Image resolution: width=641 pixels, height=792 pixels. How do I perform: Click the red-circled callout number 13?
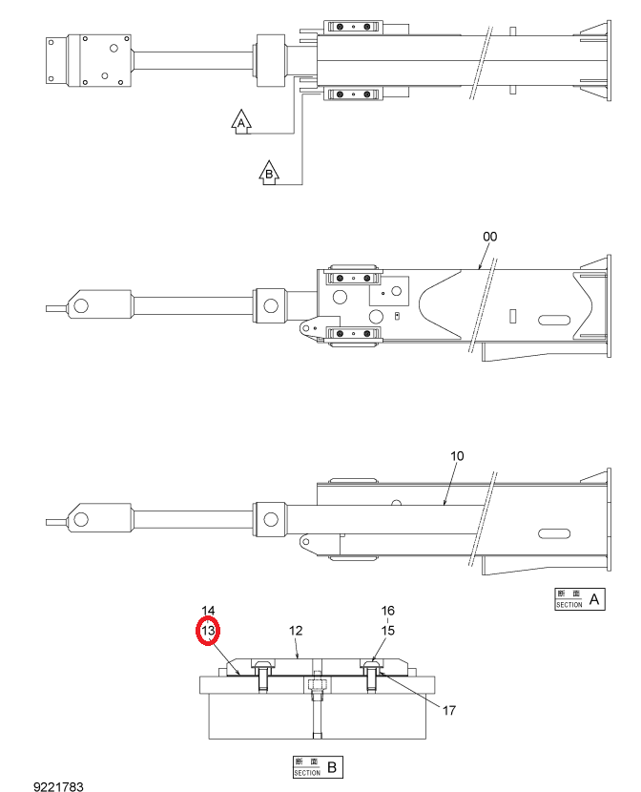click(208, 631)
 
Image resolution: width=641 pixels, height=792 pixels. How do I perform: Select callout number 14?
click(208, 611)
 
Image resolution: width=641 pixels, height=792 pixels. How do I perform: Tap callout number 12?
click(296, 631)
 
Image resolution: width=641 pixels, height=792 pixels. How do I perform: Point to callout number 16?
click(387, 611)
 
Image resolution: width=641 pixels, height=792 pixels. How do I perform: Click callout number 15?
click(387, 631)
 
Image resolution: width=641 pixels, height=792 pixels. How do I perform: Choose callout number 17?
click(449, 711)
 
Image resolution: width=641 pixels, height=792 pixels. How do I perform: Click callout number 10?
click(457, 456)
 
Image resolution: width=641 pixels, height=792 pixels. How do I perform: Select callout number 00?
click(489, 237)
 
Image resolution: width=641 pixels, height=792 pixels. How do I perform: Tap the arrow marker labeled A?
click(241, 122)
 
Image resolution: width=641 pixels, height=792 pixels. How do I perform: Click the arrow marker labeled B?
click(269, 174)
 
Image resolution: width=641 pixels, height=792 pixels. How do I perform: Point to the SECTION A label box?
click(579, 599)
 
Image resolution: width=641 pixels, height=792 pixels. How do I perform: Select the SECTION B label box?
click(318, 767)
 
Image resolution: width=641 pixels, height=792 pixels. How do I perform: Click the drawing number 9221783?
click(58, 786)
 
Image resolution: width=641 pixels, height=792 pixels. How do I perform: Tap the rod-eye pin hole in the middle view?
click(81, 306)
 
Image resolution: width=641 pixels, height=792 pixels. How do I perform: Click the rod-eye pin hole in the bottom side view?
click(81, 520)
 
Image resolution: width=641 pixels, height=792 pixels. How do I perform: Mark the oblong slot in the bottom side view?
click(554, 534)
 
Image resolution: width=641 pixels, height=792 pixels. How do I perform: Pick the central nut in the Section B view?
click(317, 685)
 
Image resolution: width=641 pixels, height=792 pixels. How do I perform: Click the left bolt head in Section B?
click(262, 665)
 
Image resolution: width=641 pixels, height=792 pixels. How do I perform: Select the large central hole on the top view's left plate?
click(114, 49)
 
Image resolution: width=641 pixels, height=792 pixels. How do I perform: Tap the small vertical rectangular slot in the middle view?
click(512, 316)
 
